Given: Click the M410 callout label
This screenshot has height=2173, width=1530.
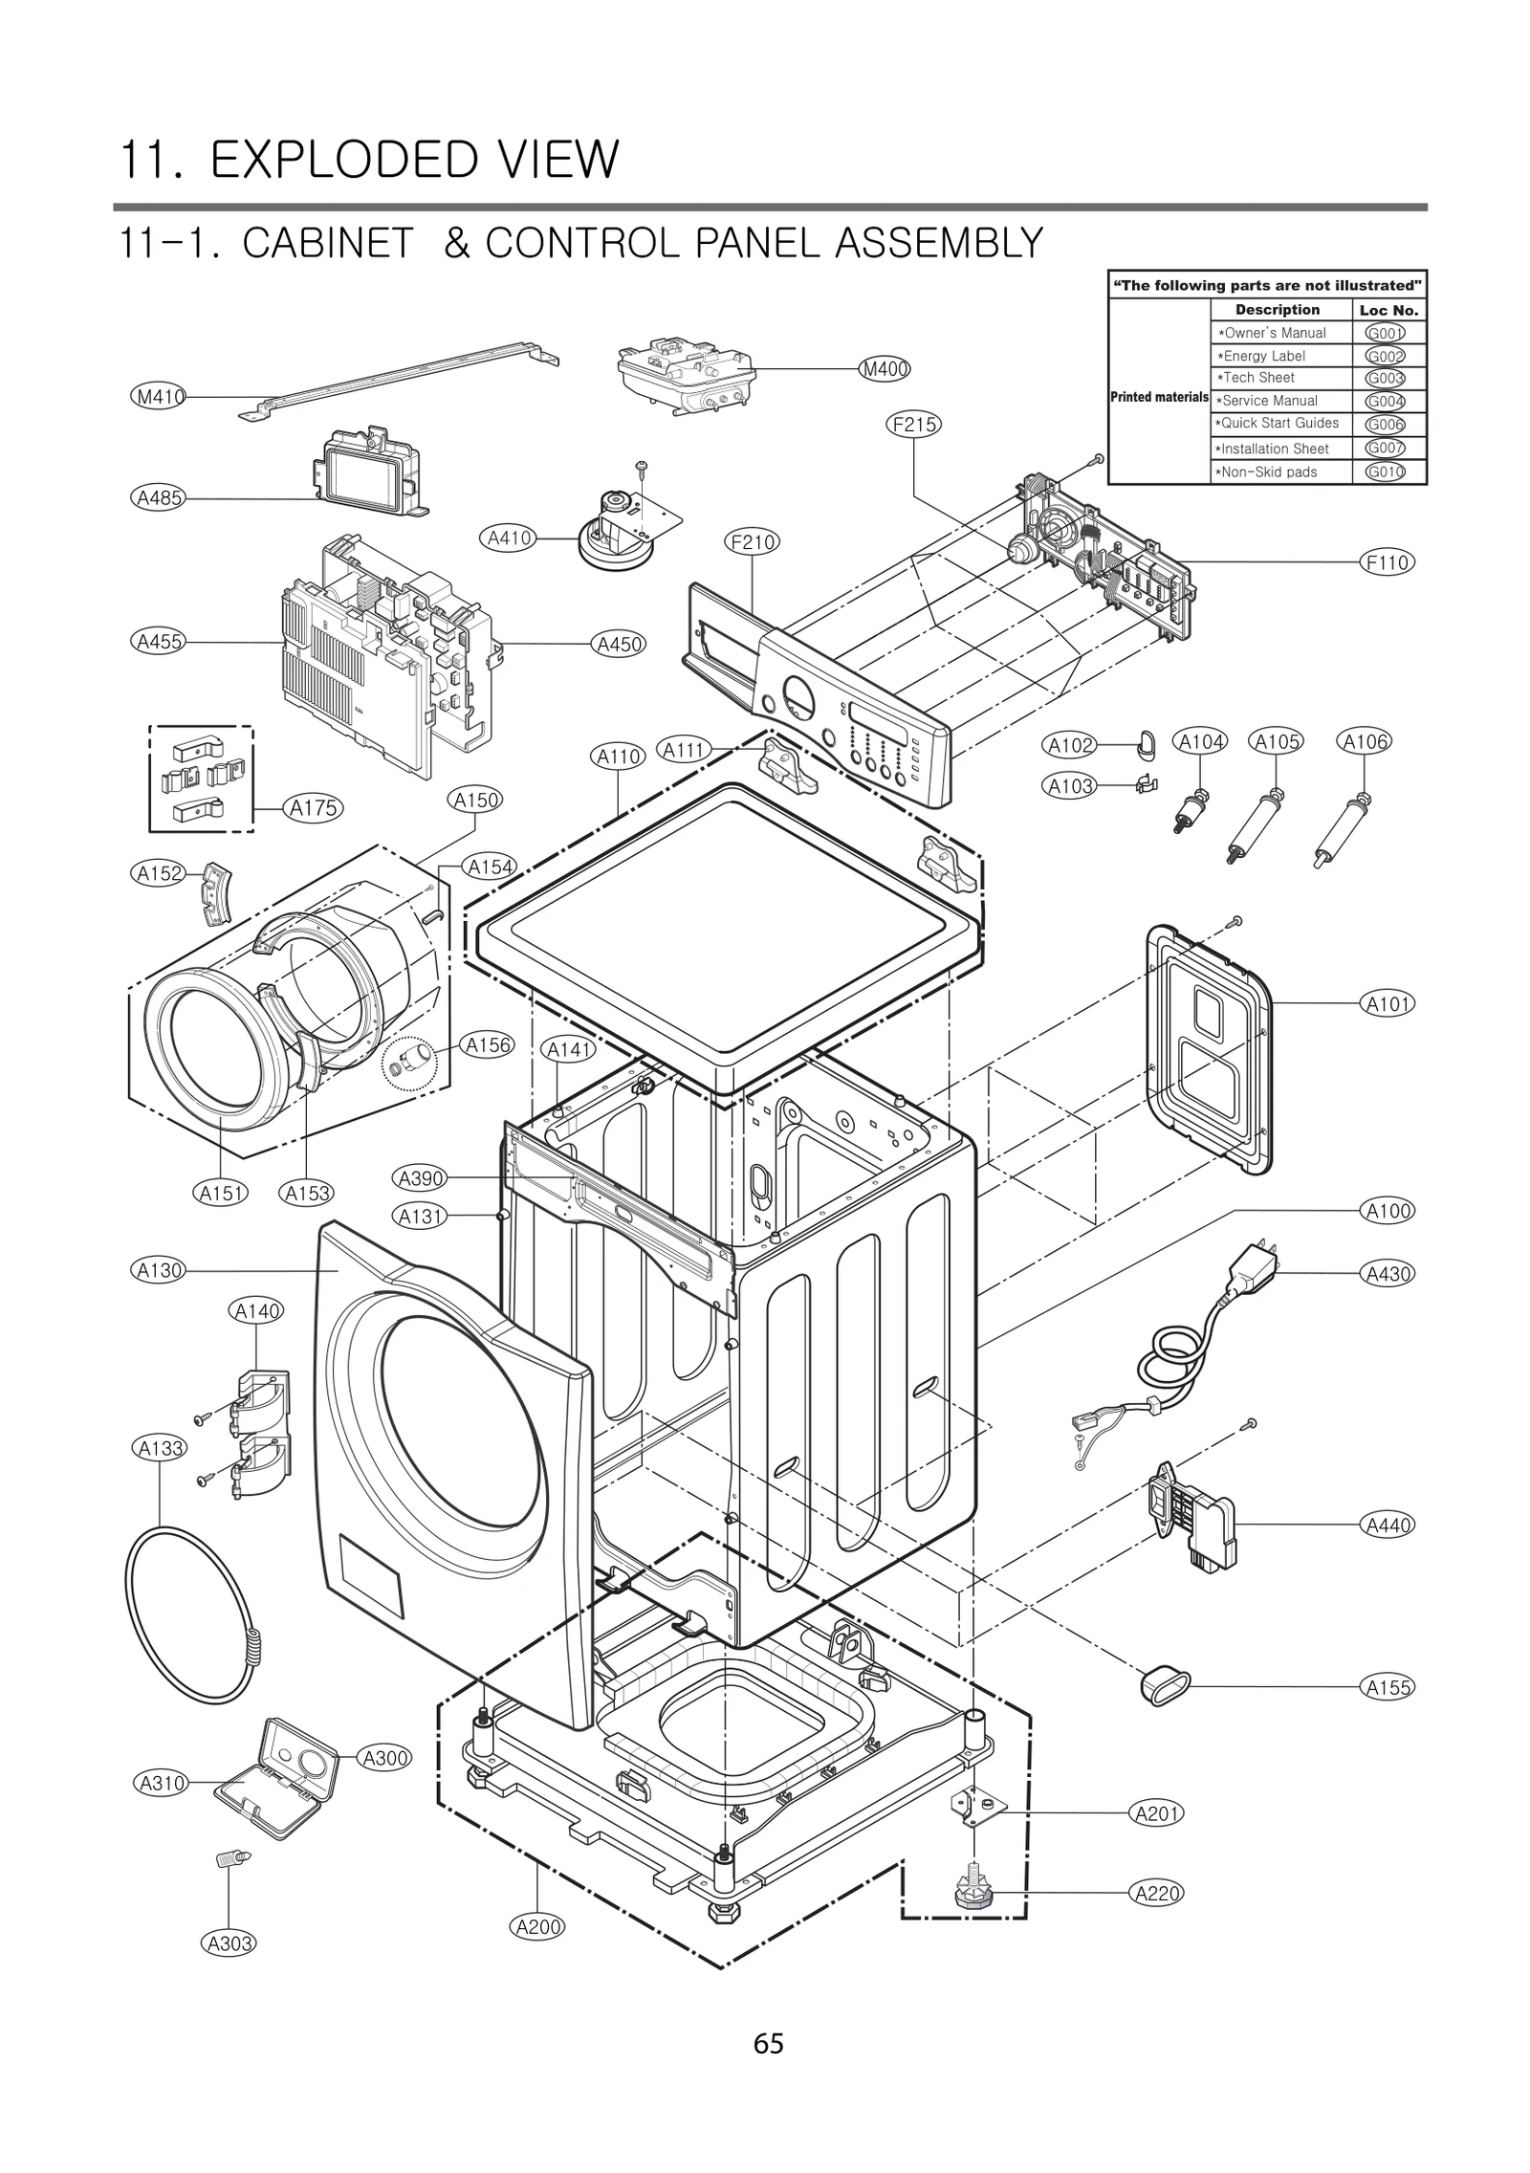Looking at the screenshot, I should coord(158,395).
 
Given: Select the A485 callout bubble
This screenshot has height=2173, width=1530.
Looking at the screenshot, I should coord(158,497).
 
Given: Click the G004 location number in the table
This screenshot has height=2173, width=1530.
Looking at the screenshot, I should coord(1385,401).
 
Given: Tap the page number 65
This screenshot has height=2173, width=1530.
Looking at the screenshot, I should coord(768,2044).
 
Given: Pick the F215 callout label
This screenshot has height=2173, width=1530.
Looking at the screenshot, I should coord(913,424).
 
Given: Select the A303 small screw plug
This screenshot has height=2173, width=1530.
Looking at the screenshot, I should coord(230,1858).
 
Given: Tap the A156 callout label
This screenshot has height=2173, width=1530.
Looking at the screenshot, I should coord(488,1045).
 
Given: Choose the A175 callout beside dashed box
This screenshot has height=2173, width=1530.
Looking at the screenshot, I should coord(314,808).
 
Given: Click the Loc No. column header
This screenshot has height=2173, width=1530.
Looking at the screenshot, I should coord(1388,310).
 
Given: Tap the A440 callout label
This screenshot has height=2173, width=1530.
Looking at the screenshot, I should coord(1387,1525).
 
